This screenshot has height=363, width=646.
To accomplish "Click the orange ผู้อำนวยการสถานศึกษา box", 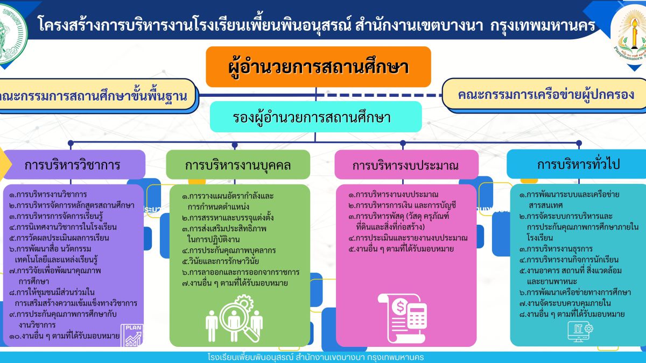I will click(318, 67).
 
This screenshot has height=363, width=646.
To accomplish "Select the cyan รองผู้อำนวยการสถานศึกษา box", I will click(315, 117).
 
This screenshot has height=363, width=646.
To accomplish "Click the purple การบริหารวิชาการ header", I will click(72, 165).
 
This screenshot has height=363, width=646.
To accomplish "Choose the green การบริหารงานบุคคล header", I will click(238, 165).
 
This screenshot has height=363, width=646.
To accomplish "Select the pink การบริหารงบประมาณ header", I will click(406, 165).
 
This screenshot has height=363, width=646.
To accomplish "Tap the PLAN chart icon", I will click(132, 334).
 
